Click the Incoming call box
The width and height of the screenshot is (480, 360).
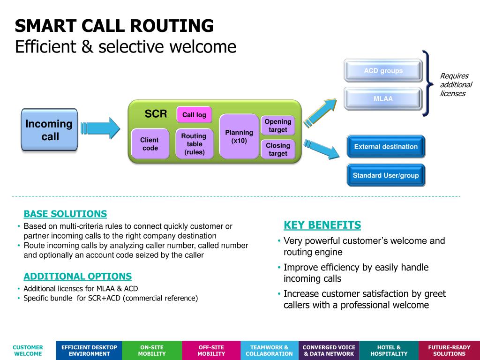pos(49,130)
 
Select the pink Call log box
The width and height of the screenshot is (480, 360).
pos(194,114)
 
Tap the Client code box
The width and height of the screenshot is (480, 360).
pos(150,143)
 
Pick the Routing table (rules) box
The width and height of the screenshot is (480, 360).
pos(195,143)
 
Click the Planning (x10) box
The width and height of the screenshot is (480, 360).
pos(239,136)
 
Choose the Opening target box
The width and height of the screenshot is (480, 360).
pos(278,125)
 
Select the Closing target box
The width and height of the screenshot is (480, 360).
pos(278,149)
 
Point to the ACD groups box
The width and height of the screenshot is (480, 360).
pos(383,71)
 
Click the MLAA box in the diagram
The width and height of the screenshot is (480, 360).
pos(383,98)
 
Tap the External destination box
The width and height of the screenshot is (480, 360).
pos(386,147)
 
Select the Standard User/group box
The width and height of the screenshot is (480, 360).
pos(386,175)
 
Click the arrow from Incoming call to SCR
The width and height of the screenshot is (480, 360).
pos(100,128)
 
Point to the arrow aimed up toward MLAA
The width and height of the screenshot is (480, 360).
pos(320,112)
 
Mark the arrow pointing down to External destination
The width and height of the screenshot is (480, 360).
pos(322,150)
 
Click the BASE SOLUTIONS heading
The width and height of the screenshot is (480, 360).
pos(65,214)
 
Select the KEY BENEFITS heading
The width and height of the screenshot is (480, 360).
pos(322,225)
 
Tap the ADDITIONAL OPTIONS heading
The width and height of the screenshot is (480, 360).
pos(78,276)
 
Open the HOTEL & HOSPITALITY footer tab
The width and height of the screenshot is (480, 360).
pos(389,351)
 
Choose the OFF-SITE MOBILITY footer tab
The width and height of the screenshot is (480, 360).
pos(211,351)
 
